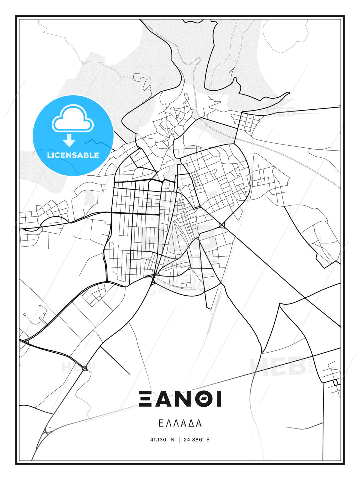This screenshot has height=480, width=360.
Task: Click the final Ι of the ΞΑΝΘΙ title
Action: click(x=219, y=399)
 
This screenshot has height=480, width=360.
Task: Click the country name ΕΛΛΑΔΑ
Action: click(x=180, y=423)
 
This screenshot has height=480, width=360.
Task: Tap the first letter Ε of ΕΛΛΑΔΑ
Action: click(x=161, y=423)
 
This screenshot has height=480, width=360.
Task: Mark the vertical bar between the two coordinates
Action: click(x=180, y=440)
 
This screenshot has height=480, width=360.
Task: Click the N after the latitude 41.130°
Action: click(x=172, y=440)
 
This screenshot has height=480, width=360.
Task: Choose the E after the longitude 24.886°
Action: click(x=208, y=440)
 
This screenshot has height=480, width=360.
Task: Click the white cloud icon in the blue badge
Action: click(x=73, y=119)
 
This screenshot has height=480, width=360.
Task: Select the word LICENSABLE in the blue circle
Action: click(x=73, y=155)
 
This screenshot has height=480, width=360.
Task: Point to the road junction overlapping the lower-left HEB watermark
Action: click(x=85, y=368)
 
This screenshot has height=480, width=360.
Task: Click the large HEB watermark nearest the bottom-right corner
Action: click(x=278, y=367)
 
